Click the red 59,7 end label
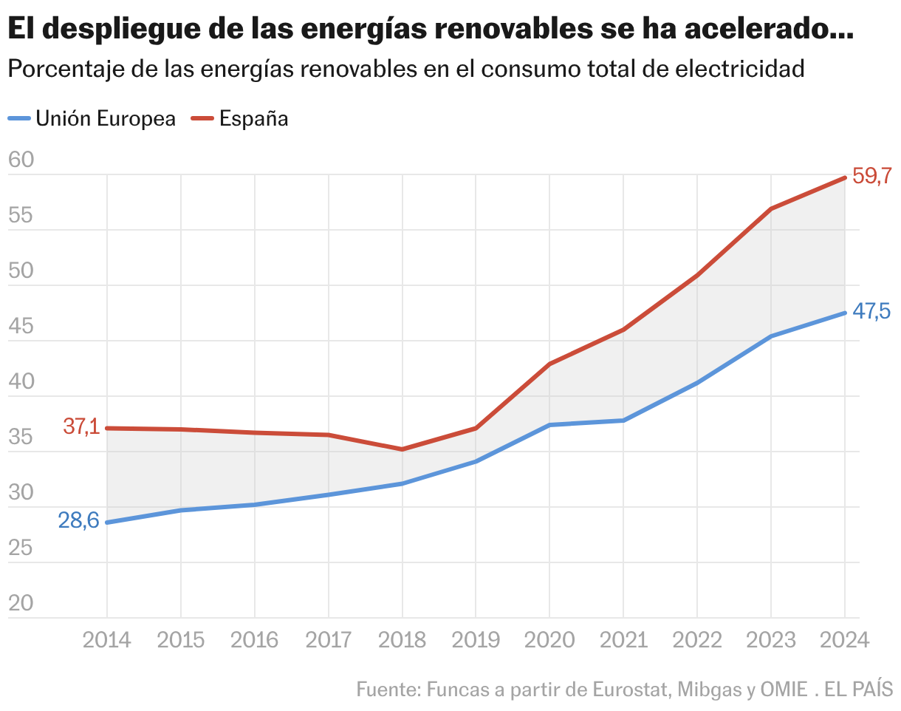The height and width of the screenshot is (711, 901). [x=872, y=176]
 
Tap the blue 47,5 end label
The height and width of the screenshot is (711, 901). [x=872, y=312]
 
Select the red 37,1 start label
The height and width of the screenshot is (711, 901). [x=81, y=426]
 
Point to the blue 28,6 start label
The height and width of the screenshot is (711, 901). [x=78, y=520]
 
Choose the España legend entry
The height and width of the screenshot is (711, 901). [x=240, y=118]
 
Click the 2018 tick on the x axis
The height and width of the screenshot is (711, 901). [x=402, y=639]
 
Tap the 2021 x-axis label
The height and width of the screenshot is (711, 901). [x=623, y=639]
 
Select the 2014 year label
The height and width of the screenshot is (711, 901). [x=107, y=639]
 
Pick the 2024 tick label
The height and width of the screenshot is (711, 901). [x=845, y=639]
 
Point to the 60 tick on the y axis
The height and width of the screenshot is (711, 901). [x=21, y=160]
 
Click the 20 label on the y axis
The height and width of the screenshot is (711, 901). [x=21, y=603]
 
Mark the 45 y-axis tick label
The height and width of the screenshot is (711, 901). [x=21, y=326]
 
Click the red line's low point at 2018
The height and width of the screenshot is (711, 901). [x=402, y=449]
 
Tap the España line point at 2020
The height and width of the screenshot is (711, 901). [x=549, y=364]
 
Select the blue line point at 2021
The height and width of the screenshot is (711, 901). [x=623, y=421]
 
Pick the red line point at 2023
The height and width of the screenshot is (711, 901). [x=771, y=209]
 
